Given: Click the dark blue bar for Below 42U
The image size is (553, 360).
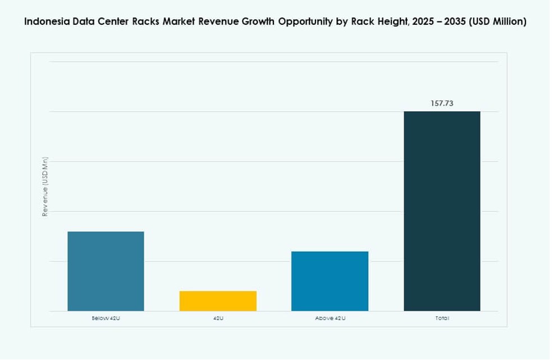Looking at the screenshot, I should click(x=106, y=271).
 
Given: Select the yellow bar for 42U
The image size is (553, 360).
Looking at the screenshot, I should click(x=218, y=300).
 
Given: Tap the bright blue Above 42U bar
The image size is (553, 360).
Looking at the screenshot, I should click(x=330, y=281).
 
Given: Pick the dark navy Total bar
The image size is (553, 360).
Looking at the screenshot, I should click(x=442, y=211).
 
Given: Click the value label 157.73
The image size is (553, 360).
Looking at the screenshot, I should click(x=442, y=103).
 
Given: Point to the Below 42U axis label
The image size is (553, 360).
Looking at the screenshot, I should click(x=106, y=318).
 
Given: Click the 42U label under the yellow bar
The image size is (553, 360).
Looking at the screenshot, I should click(x=218, y=318).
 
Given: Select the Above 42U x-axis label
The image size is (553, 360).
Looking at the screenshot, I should click(x=330, y=318).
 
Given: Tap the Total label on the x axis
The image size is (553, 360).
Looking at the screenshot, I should click(x=442, y=318).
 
